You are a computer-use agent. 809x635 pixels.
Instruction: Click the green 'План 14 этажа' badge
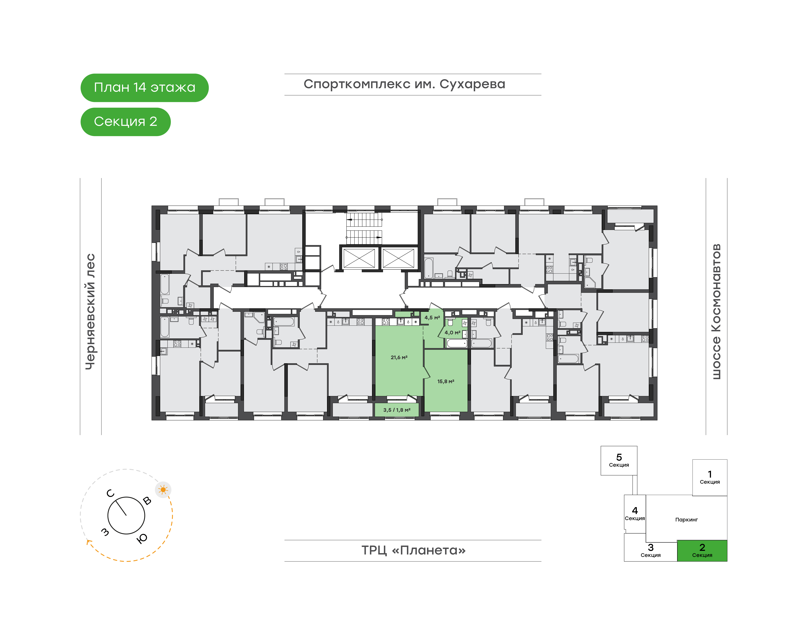click(x=145, y=88)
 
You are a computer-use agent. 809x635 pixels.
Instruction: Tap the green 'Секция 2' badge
click(x=126, y=122)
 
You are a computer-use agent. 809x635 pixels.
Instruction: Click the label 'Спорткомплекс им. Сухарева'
click(x=404, y=84)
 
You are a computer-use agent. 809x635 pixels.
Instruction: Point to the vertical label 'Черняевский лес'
click(x=90, y=312)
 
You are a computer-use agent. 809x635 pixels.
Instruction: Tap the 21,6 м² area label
click(x=399, y=357)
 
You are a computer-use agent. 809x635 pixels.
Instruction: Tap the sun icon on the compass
click(x=163, y=490)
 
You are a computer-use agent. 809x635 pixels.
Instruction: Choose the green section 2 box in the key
click(x=702, y=551)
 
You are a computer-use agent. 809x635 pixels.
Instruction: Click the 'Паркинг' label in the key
click(x=686, y=520)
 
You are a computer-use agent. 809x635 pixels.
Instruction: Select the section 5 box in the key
click(x=619, y=461)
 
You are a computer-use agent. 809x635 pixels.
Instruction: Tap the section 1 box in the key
click(x=710, y=477)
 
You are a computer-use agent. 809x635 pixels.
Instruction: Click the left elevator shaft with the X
click(x=359, y=258)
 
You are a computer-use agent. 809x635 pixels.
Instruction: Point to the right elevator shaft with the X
click(x=398, y=258)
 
